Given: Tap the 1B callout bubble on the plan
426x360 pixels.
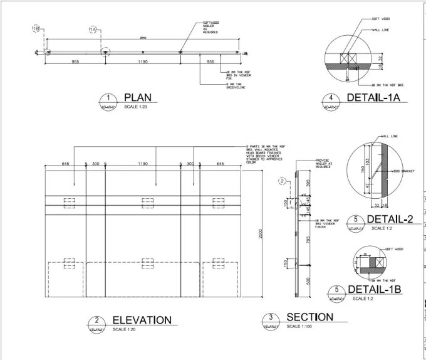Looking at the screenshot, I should pos(36,28).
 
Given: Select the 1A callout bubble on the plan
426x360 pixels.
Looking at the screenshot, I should pos(93,29).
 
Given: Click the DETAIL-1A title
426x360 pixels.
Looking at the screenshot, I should pos(373,97).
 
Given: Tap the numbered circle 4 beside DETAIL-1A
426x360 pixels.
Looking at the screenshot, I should pos(331,98).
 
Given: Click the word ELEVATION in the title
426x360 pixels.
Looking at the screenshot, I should pos(142,320).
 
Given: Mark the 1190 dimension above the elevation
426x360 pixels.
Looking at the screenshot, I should pos(143,164).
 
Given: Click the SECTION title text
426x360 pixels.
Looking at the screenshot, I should pos(308,317).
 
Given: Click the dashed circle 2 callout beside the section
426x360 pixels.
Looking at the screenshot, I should pos(283,181).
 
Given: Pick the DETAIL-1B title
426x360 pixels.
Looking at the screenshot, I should pos(374,289).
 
